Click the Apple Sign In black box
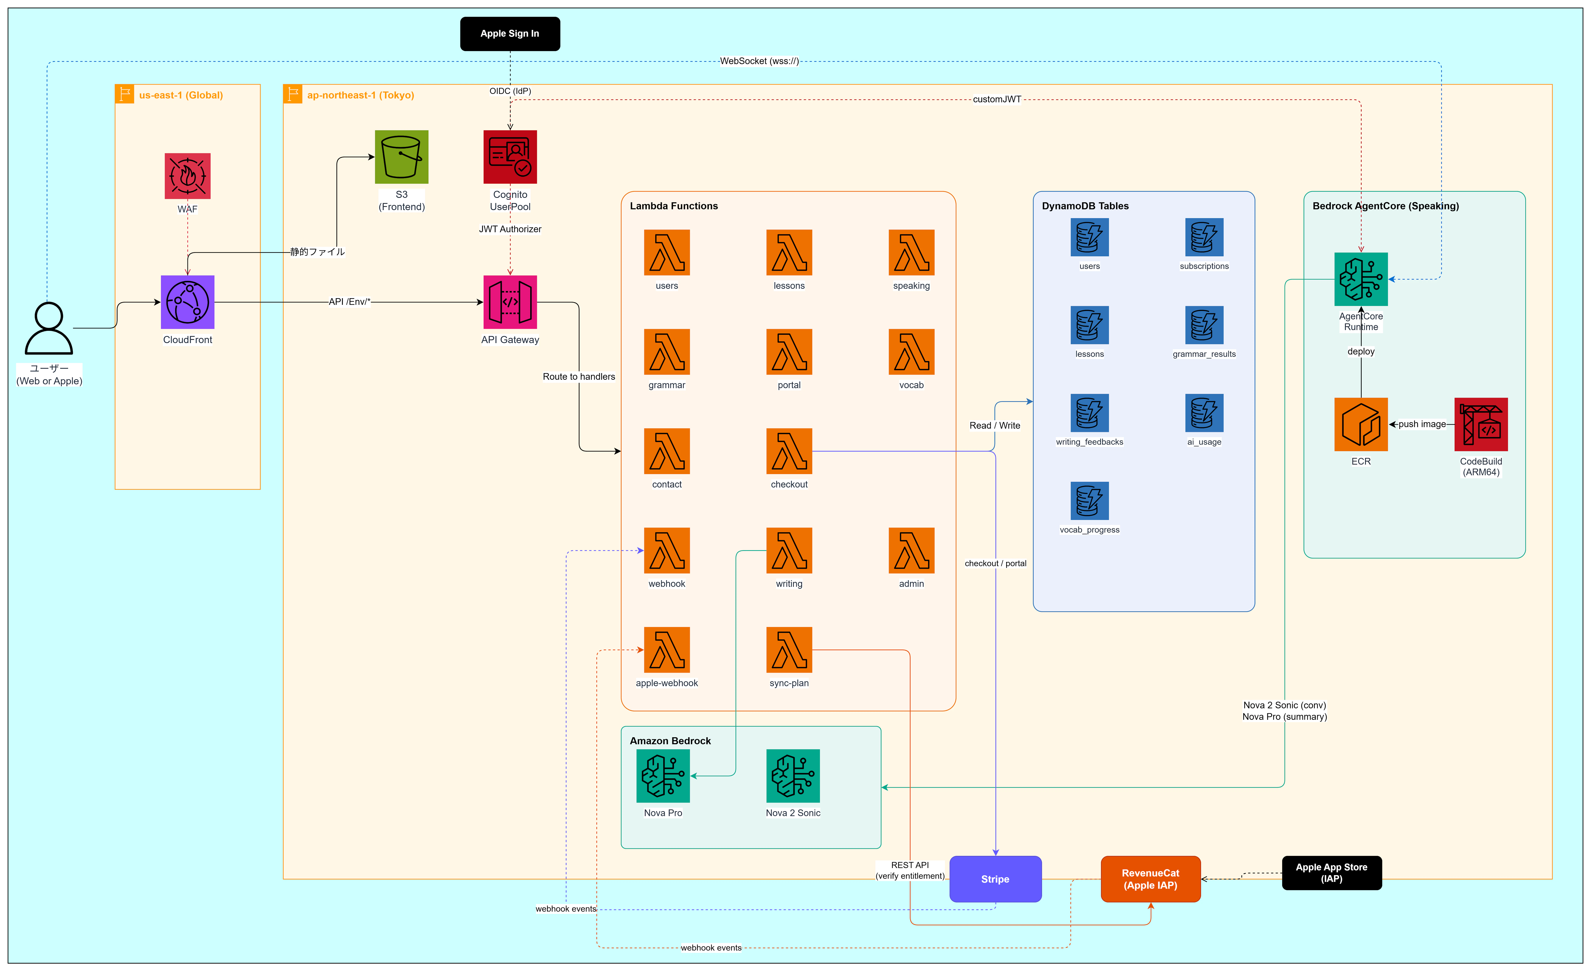(x=510, y=34)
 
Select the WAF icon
(x=187, y=176)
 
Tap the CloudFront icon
(x=187, y=302)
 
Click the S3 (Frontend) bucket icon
(x=402, y=157)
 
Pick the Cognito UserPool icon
(x=510, y=157)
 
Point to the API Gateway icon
(x=510, y=302)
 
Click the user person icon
(x=49, y=328)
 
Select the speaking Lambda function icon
(x=912, y=252)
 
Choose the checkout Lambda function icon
(x=789, y=451)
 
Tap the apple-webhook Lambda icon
(x=667, y=650)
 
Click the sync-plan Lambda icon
(x=789, y=650)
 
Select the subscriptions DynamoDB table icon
(x=1204, y=237)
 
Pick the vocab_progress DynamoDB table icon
(x=1090, y=501)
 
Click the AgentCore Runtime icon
(x=1361, y=279)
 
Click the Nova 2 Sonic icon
(x=793, y=776)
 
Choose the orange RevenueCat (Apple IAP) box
(x=1151, y=879)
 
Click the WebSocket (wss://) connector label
(x=759, y=61)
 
